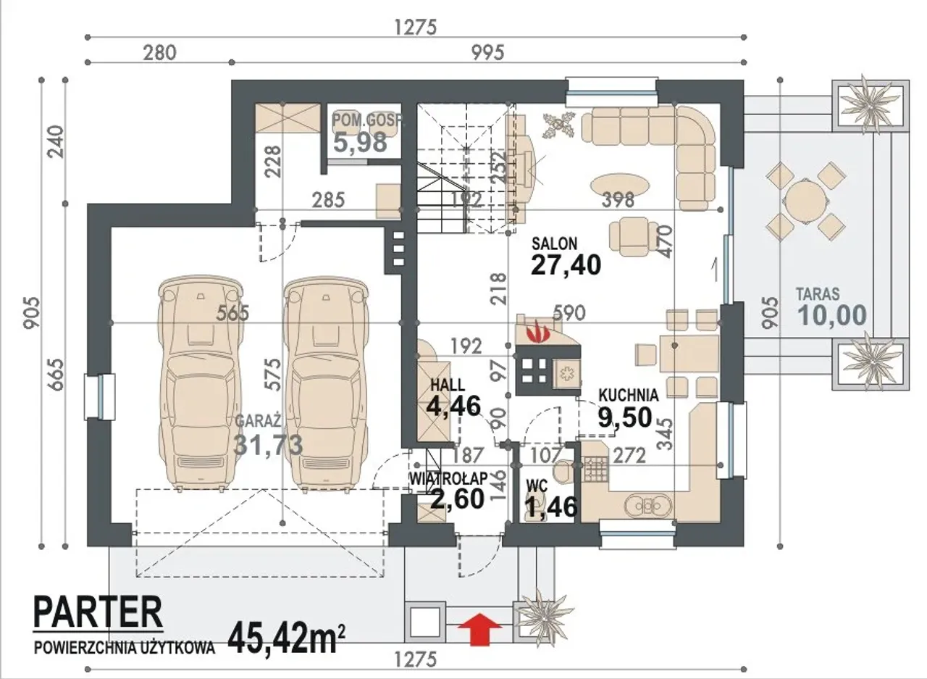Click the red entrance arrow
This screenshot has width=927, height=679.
[x=480, y=629]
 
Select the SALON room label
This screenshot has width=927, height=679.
[x=555, y=243]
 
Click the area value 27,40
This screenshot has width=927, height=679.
[x=566, y=264]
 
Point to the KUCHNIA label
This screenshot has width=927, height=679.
[x=629, y=396]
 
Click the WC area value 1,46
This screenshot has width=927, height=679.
[x=551, y=507]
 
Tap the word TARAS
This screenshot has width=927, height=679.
[x=818, y=294]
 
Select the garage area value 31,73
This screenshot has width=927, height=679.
[x=268, y=445]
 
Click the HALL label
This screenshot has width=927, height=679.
[x=448, y=385]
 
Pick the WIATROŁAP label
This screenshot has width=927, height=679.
[x=448, y=478]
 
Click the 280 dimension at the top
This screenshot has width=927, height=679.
[x=160, y=53]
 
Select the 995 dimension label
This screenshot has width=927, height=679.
[x=487, y=53]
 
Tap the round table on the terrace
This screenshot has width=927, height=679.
[x=806, y=201]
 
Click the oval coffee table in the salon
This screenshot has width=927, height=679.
[x=619, y=186]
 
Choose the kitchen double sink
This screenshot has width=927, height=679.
[x=649, y=506]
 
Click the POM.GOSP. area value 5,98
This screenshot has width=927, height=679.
[x=360, y=142]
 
